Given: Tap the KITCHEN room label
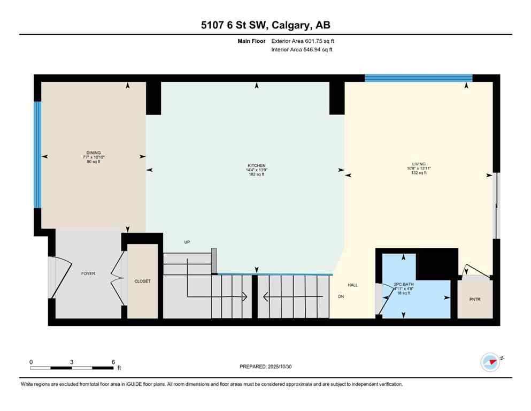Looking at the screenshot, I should pos(256,165).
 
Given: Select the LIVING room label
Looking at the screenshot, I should pos(419,164).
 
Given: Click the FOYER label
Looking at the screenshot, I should pos(88,273).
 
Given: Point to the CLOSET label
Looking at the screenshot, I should pos(142,280).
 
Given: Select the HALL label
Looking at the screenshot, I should pos(352,285).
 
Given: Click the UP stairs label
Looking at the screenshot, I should pos(187,242).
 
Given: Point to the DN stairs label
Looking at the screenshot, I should pos(341,296).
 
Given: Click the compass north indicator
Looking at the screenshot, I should pos(490,362).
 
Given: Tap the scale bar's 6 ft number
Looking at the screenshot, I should pos(113,362).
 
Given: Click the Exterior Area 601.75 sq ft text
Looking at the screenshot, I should pos(303,41).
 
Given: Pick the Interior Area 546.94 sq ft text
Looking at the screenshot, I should pos(302,50).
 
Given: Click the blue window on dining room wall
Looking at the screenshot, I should pos(37,155).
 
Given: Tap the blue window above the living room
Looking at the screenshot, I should pos(418,78).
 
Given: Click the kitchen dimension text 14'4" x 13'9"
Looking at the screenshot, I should pos(256,170).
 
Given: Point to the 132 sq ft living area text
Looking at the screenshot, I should pos(419,173).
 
